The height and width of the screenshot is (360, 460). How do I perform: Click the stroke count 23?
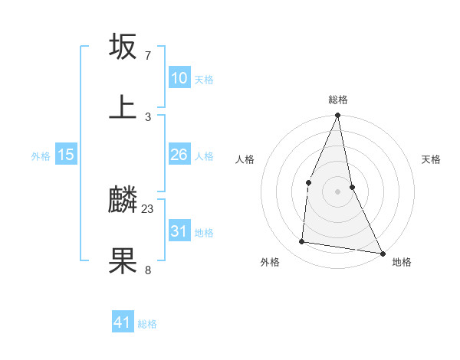tap(148, 208)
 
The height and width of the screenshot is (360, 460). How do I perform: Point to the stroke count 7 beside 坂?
tap(148, 56)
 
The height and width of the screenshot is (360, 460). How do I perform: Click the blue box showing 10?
tap(179, 78)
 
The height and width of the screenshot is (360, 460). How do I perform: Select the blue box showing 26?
tap(179, 155)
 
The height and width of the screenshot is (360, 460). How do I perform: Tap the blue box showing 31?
tap(179, 231)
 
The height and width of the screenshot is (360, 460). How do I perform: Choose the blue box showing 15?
tap(66, 155)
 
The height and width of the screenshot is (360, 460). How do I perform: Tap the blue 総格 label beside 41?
tap(147, 324)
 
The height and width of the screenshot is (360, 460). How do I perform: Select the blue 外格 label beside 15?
tap(41, 156)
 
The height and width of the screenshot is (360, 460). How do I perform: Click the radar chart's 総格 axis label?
tap(338, 100)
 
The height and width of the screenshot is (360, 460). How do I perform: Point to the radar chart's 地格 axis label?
tap(402, 262)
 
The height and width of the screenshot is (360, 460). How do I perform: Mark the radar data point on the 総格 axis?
tap(338, 116)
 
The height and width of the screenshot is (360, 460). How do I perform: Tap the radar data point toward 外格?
tap(302, 242)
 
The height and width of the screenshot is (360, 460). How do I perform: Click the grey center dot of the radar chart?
tap(338, 191)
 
